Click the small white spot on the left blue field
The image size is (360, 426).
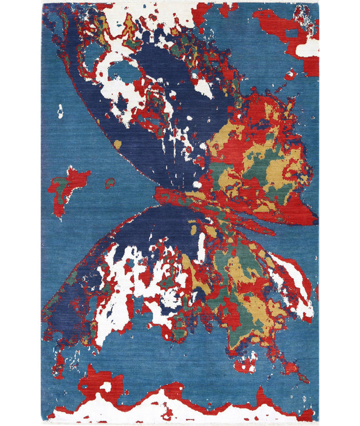pos(60,110)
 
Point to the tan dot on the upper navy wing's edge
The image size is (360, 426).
pos(118,144)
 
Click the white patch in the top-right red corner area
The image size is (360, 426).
pos(307,49)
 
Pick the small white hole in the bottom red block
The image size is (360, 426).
pos(106,386)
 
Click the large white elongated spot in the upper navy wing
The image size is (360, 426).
pos(203,88)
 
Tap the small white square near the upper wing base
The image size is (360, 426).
pos(197,185)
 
